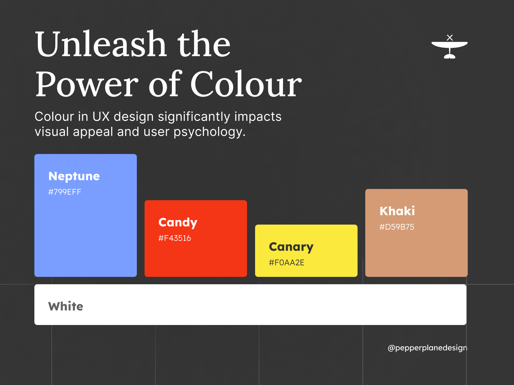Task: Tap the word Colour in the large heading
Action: pos(246,84)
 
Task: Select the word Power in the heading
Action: pos(87,84)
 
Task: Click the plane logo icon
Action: pos(449,47)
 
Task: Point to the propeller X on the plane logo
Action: pos(450,38)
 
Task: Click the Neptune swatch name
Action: pos(74,176)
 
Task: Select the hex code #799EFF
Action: pos(65,192)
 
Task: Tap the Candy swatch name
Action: pos(178,223)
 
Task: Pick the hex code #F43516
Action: pos(174,238)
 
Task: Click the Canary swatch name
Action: pos(291,247)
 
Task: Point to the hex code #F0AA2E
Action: pos(286,262)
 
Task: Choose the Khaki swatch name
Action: pos(397,211)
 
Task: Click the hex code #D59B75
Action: pos(396,227)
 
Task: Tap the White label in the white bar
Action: pos(66,306)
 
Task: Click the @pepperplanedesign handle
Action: pos(427,348)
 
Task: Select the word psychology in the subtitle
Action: pos(209,132)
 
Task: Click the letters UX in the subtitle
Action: pos(101,116)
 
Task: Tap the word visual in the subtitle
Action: pos(51,132)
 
